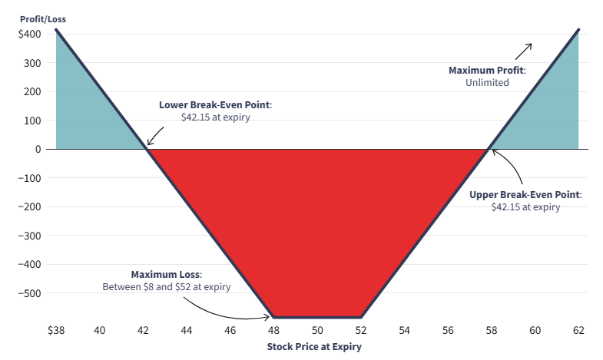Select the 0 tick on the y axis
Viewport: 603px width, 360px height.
click(x=38, y=149)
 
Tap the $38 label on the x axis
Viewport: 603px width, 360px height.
click(x=55, y=330)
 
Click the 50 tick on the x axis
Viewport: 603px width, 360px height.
click(x=317, y=330)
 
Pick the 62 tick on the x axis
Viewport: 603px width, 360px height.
click(x=578, y=330)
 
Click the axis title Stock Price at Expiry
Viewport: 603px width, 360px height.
click(x=314, y=346)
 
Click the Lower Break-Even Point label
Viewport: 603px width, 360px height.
click(x=216, y=104)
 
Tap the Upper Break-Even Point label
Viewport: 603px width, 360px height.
click(x=525, y=194)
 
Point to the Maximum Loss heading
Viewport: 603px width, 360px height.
click(x=166, y=274)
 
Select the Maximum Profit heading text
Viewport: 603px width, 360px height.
click(x=487, y=70)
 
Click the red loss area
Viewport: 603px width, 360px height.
click(x=317, y=223)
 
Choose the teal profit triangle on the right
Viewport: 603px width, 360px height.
click(x=553, y=115)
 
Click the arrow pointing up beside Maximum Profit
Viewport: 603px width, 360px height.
click(x=523, y=51)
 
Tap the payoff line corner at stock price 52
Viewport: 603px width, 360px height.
click(x=360, y=316)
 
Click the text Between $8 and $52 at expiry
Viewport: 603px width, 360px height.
click(x=167, y=287)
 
